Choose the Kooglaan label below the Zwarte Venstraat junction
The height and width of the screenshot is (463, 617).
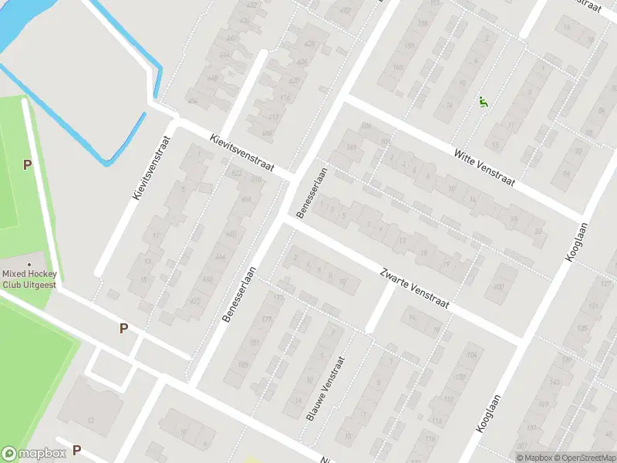[x=490, y=414]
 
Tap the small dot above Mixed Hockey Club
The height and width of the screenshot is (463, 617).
[x=29, y=265]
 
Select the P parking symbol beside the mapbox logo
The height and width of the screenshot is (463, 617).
[x=76, y=449]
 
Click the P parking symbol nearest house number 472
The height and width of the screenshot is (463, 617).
[x=123, y=329]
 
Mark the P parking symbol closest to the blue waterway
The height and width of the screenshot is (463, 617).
[x=28, y=164]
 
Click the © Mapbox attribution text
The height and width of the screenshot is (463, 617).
[x=535, y=458]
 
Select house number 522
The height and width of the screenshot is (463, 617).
[x=236, y=173]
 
